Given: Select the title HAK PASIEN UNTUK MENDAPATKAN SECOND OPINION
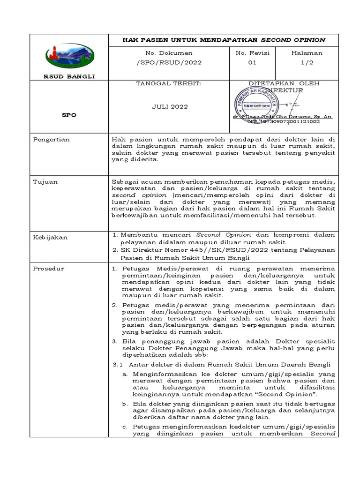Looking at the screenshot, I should coord(224,40).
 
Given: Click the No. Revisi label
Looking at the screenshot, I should coord(253,53).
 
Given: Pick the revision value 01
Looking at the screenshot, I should coord(252,62).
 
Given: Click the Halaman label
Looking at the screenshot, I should coord(307,53).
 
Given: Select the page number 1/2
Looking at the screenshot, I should coord(307,62).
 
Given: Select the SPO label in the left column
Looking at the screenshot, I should coord(70,114).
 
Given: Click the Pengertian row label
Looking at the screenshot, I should coord(51,139).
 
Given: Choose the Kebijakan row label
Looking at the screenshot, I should coord(50,237).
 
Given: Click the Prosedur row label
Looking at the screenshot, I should coord(49,269).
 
